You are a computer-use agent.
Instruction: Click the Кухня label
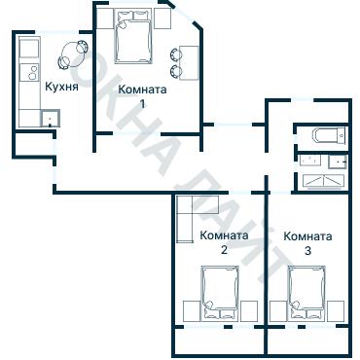pyautogui.click(x=61, y=87)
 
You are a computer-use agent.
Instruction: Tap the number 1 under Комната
pyautogui.click(x=142, y=104)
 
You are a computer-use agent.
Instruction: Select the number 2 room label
pyautogui.click(x=224, y=250)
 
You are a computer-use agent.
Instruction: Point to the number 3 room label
pyautogui.click(x=307, y=251)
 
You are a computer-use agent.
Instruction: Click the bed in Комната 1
pyautogui.click(x=134, y=37)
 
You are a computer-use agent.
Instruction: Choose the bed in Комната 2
pyautogui.click(x=220, y=293)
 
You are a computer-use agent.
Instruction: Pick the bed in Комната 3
pyautogui.click(x=306, y=293)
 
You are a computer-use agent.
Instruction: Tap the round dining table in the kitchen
pyautogui.click(x=73, y=54)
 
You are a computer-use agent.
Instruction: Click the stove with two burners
pyautogui.click(x=29, y=72)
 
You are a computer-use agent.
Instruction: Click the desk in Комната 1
pyautogui.click(x=189, y=63)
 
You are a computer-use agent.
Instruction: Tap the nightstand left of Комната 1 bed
pyautogui.click(x=104, y=18)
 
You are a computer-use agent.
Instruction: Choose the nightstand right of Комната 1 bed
pyautogui.click(x=162, y=18)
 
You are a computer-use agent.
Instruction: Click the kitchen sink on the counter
pyautogui.click(x=51, y=118)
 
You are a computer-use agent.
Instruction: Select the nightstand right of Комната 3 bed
pyautogui.click(x=336, y=311)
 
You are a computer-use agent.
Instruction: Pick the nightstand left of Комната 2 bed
pyautogui.click(x=192, y=311)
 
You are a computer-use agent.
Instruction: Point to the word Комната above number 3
pyautogui.click(x=307, y=236)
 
